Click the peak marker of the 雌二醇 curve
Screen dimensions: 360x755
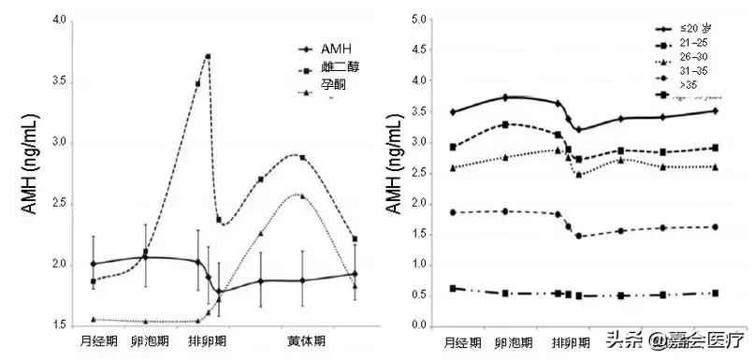(208, 56)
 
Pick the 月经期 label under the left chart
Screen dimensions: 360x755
(99, 342)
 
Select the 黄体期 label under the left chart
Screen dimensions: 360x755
(306, 342)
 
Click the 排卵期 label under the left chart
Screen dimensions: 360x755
(207, 342)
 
